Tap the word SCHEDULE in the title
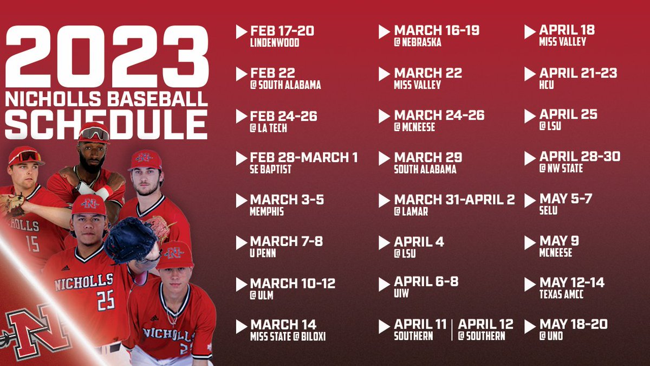(107, 124)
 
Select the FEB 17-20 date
(282, 30)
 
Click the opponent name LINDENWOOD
(275, 43)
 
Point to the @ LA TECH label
(269, 128)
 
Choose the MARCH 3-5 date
(287, 200)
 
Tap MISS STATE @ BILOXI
(288, 337)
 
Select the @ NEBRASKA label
(418, 43)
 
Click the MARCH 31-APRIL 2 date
(454, 200)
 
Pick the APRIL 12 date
(485, 324)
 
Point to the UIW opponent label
(401, 294)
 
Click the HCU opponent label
(547, 85)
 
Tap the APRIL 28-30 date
(580, 157)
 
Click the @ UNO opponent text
(551, 337)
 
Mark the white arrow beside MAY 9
(530, 243)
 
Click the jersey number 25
(105, 299)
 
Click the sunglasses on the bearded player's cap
(94, 133)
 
